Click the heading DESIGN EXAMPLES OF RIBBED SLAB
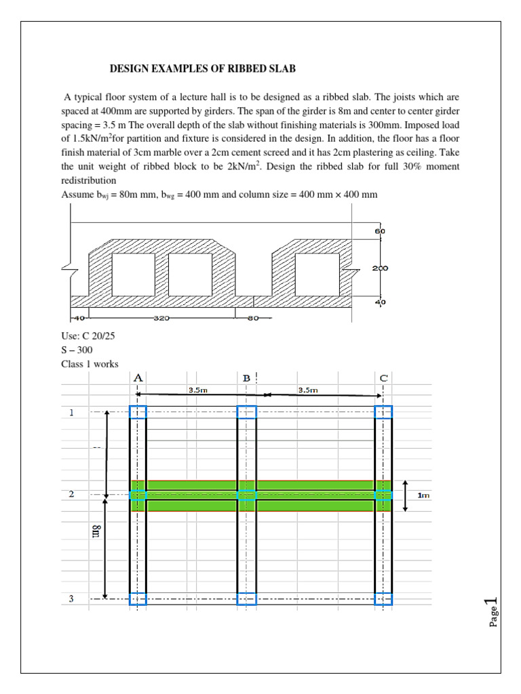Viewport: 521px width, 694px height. pos(203,69)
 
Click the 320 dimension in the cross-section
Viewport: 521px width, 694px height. pos(161,317)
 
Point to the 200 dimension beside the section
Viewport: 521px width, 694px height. pos(379,268)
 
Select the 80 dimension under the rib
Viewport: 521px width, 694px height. pos(252,317)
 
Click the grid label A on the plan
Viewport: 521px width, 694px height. pos(138,377)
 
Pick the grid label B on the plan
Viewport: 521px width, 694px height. pos(247,377)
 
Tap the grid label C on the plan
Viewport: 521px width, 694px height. pos(383,377)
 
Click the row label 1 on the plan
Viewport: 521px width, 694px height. pos(72,412)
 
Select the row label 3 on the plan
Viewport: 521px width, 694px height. pos(72,599)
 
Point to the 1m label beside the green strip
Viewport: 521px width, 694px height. pos(423,495)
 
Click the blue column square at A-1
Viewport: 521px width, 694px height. pos(138,412)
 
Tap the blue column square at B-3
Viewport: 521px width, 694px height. pos(247,599)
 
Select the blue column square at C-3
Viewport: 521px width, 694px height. pos(383,599)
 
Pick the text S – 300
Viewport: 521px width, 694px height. pos(77,350)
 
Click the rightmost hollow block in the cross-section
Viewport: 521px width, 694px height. pos(317,272)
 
